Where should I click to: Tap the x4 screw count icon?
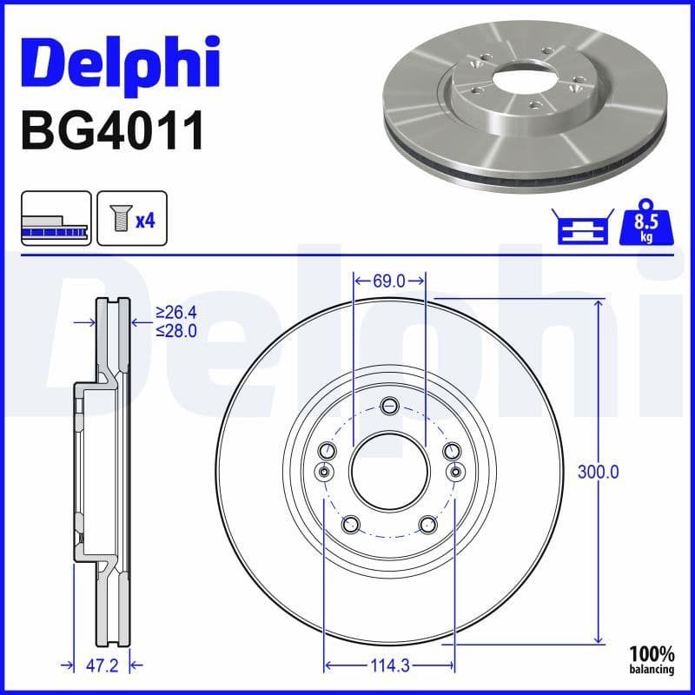(131, 220)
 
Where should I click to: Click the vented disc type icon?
(56, 220)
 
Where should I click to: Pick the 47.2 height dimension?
(101, 665)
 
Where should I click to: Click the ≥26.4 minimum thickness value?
(175, 312)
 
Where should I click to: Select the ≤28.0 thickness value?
(175, 331)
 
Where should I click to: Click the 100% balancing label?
(652, 659)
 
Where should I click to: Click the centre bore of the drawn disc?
(389, 472)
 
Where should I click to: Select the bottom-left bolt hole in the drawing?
(351, 524)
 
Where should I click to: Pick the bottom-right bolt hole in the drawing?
(427, 524)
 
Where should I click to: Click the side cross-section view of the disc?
(102, 473)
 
